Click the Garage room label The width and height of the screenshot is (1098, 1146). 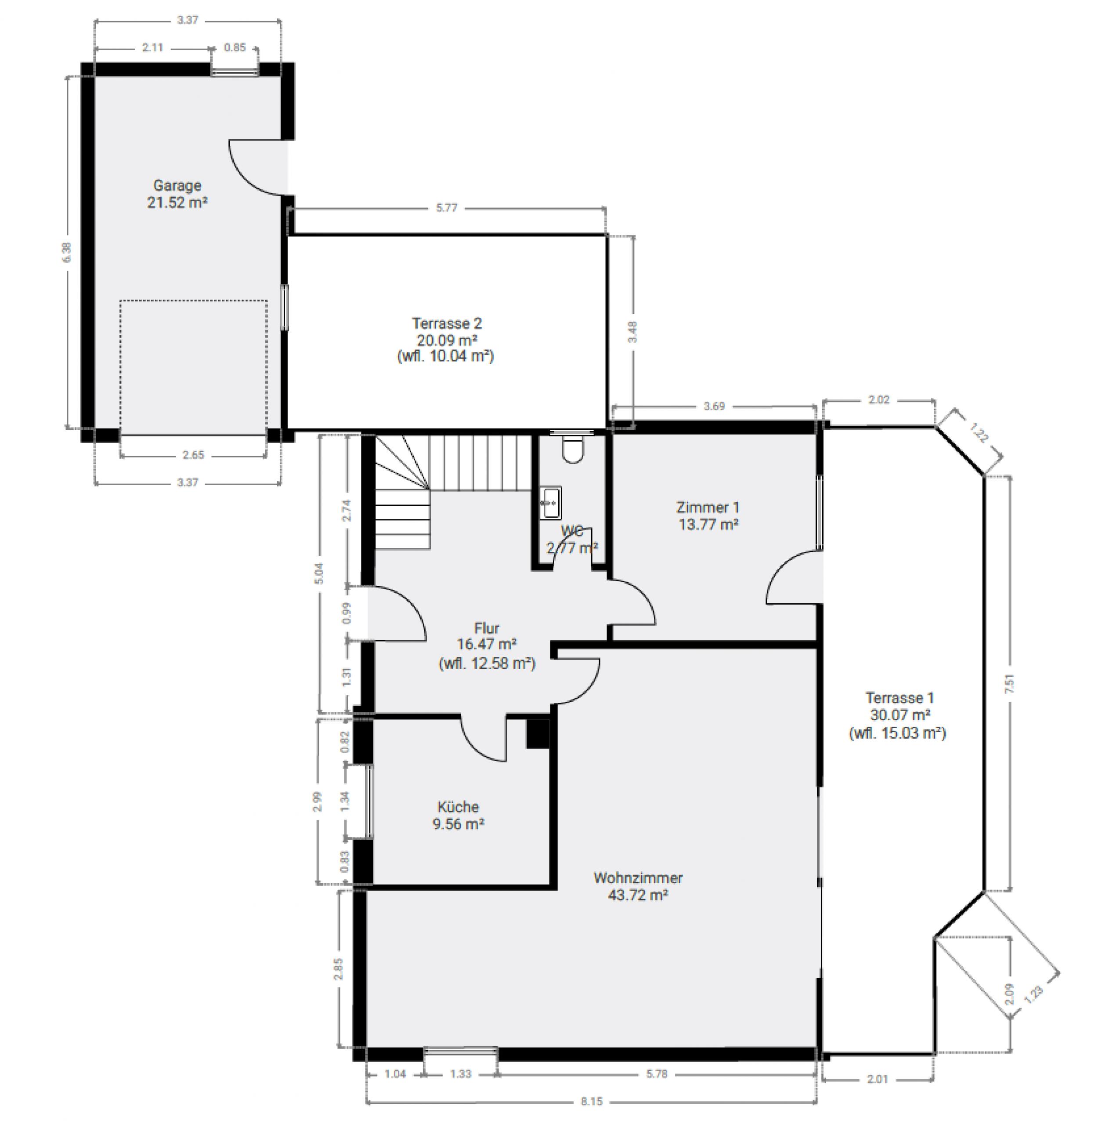tap(177, 185)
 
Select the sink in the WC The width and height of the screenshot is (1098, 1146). tap(550, 502)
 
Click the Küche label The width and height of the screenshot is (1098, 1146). tap(458, 807)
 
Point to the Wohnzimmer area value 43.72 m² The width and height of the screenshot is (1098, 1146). tap(638, 895)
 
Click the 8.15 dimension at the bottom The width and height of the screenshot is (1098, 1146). tap(591, 1102)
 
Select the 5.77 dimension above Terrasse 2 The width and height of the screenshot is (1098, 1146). tap(446, 207)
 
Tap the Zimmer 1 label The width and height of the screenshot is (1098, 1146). tap(708, 507)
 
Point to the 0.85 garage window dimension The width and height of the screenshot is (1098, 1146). tap(235, 47)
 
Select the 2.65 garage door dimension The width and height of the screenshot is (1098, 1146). tap(193, 455)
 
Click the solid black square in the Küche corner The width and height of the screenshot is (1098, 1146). tap(538, 734)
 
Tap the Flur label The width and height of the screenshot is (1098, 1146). tap(487, 628)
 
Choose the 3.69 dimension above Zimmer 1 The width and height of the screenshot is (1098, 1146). tap(714, 406)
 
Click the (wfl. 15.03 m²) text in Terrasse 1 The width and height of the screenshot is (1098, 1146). tap(897, 733)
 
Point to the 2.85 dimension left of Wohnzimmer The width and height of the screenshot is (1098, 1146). tap(338, 968)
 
